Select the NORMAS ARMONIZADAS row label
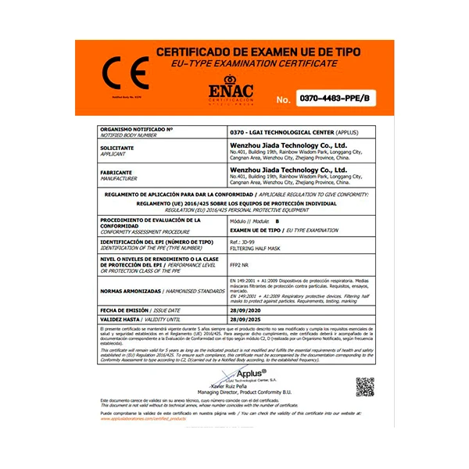click(130, 290)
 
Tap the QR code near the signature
click(365, 385)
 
